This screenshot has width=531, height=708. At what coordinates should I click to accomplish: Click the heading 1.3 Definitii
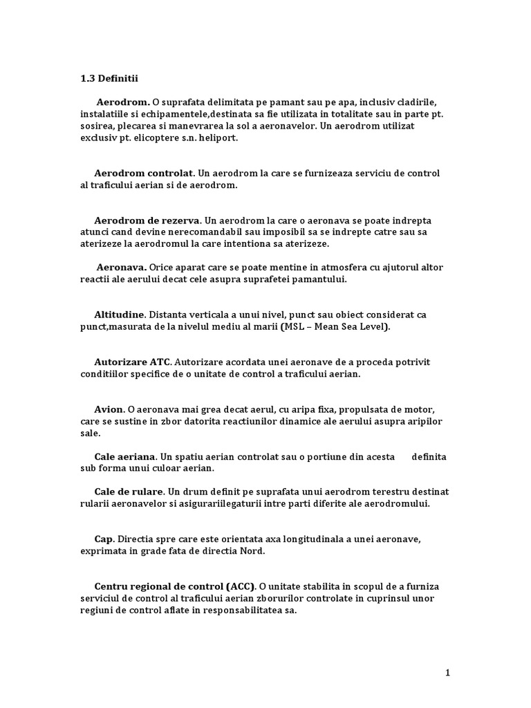[x=109, y=79]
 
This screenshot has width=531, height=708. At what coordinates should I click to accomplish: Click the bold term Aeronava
[x=121, y=267]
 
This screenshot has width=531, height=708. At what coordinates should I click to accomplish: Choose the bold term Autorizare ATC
[x=132, y=362]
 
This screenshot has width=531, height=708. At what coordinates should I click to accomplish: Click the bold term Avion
[x=109, y=409]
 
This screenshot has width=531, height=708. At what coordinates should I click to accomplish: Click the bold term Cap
[x=104, y=539]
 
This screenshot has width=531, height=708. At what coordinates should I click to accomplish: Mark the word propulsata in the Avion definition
[x=351, y=409]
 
